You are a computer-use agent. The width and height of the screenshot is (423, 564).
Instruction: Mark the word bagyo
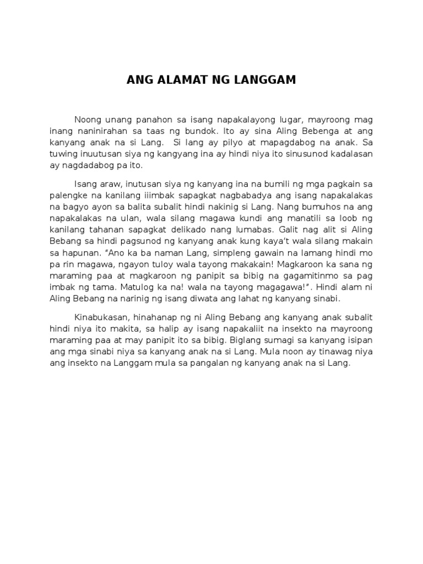pyautogui.click(x=72, y=207)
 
